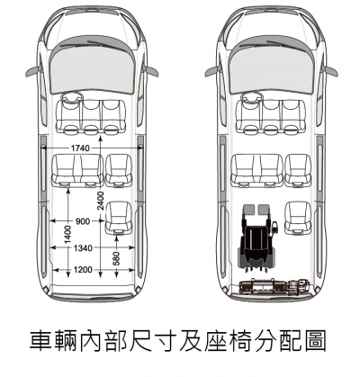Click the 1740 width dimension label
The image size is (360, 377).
80,148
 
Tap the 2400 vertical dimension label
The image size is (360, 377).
101,201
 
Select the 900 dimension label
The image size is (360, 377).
83,221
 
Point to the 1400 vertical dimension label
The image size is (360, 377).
68,234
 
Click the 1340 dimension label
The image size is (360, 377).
83,248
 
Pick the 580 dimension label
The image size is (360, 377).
116,258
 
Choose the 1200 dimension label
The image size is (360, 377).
83,270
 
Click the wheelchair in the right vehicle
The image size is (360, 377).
257,239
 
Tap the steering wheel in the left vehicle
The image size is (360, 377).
71,98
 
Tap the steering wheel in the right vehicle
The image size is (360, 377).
252,98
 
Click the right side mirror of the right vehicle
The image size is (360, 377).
331,72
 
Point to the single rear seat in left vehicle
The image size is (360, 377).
119,218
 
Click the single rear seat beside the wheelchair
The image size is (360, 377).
298,218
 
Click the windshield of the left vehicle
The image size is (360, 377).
92,66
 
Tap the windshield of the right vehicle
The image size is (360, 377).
272,66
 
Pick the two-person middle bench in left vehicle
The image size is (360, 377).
77,171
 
